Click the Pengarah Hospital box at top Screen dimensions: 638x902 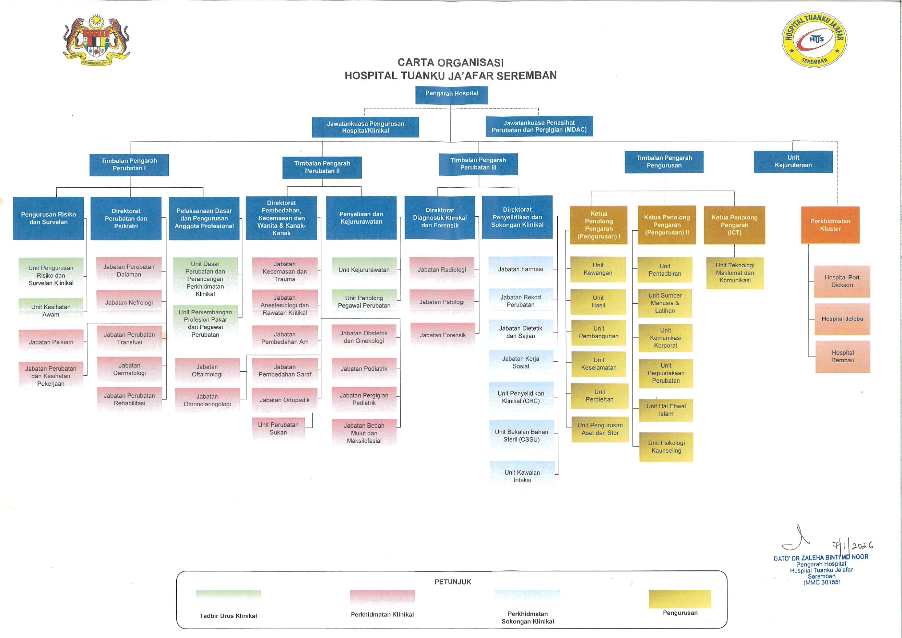452,95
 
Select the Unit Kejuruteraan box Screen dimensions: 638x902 793,162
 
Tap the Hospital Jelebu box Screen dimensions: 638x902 842,319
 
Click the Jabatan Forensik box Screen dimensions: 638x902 442,335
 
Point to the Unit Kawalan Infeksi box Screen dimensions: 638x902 522,476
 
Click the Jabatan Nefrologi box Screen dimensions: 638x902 129,302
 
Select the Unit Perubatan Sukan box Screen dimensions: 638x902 278,428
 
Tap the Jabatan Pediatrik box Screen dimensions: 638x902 364,369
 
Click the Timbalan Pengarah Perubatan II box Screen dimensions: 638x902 322,167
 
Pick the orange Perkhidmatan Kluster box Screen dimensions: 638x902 830,225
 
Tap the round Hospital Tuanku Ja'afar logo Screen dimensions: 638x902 814,39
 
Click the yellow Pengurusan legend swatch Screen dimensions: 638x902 679,599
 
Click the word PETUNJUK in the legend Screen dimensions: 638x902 453,582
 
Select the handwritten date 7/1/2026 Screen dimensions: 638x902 852,545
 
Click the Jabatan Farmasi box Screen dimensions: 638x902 521,269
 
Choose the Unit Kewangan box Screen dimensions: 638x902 598,269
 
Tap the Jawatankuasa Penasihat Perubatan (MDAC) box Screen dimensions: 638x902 539,126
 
